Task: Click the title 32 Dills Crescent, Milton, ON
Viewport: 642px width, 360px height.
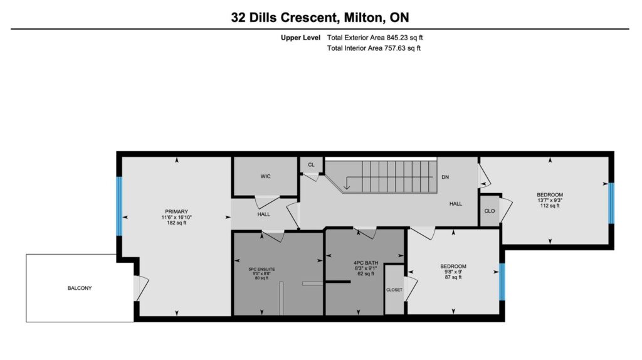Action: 320,18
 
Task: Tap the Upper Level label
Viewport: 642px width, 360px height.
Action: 300,38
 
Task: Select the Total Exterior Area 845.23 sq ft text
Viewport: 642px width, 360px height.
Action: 375,38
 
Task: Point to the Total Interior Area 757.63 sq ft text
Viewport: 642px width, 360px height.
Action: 374,48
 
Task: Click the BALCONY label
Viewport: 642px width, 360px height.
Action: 80,289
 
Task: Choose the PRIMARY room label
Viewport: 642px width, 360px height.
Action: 176,212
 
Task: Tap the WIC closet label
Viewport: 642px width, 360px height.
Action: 265,176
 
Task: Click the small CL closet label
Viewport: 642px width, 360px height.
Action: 311,165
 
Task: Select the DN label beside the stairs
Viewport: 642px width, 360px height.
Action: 445,177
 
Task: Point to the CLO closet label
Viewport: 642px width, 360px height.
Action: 490,211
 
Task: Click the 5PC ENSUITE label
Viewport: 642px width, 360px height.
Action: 262,270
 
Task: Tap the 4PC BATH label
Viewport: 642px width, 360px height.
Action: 366,263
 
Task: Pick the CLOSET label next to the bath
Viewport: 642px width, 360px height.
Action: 394,290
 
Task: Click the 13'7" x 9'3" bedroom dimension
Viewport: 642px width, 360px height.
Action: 550,200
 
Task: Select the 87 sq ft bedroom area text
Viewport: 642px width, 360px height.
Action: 453,277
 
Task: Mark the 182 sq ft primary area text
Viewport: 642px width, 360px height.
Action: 176,223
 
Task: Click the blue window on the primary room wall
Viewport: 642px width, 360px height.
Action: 119,206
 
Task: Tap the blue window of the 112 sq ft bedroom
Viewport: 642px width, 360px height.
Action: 611,203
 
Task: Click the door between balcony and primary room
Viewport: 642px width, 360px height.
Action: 141,288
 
